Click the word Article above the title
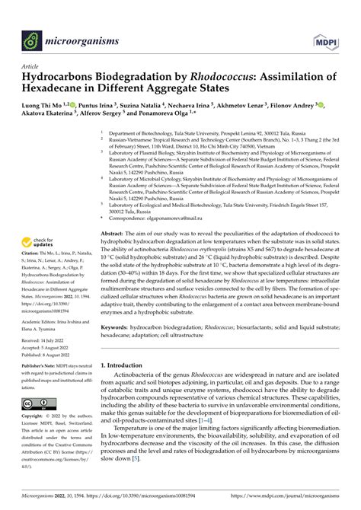tap(35, 66)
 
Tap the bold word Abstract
tap(112, 211)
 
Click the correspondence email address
tap(208, 197)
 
